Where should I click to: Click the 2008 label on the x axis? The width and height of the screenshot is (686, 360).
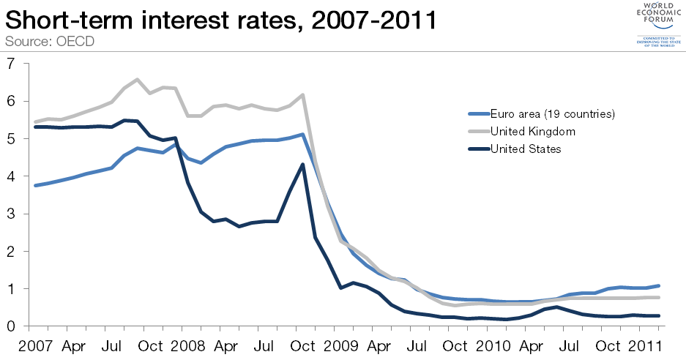tap(187, 345)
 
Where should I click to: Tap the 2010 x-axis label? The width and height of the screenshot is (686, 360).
tap(492, 345)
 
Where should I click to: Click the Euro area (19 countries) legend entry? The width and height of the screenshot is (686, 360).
tap(541, 113)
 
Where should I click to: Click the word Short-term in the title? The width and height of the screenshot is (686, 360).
tap(72, 19)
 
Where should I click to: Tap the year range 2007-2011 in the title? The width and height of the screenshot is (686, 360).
tap(374, 19)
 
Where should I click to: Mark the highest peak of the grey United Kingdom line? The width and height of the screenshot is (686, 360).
tap(137, 79)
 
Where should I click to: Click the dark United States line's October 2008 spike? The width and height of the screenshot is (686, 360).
tap(302, 164)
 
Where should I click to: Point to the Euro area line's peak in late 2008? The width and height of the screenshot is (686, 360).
tap(302, 134)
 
